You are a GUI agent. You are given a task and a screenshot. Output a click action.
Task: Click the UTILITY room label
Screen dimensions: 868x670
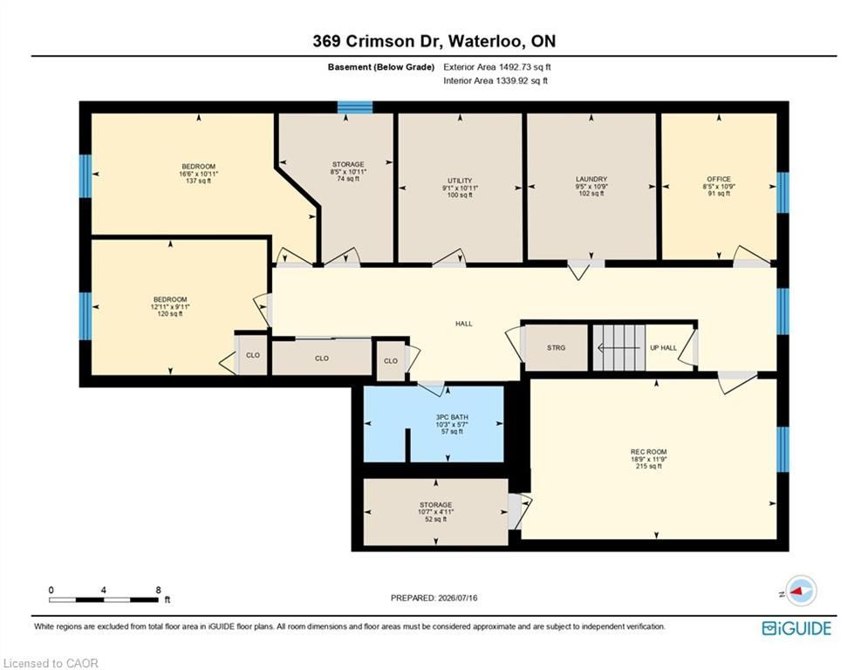click(460, 181)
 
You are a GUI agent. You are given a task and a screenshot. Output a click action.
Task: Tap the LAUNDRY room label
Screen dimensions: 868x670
click(591, 180)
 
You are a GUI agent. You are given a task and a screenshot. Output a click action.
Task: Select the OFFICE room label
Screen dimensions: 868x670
click(719, 180)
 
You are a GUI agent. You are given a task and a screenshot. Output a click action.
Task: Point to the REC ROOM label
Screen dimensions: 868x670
click(649, 452)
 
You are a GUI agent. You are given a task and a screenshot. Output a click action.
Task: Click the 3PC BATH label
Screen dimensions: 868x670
click(452, 418)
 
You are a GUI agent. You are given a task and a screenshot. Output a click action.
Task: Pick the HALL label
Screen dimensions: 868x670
click(464, 324)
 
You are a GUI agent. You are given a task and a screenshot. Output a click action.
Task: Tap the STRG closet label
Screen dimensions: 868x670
click(556, 348)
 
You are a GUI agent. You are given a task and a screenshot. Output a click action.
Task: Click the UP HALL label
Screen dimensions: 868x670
click(663, 348)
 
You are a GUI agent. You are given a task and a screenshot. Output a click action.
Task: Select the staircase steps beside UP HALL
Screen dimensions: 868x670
click(619, 348)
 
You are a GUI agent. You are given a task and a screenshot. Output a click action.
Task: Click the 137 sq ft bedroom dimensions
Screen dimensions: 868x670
click(199, 174)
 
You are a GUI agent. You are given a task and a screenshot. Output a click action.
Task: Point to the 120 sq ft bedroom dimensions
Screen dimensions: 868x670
click(170, 307)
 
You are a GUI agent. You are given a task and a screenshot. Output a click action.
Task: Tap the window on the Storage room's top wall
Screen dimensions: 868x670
click(355, 106)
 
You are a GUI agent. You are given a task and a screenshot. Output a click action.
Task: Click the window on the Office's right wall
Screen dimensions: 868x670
click(783, 193)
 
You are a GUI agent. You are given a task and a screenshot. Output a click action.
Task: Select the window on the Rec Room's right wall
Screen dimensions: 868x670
click(783, 449)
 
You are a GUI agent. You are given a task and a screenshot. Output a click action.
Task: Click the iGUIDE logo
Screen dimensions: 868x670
click(796, 628)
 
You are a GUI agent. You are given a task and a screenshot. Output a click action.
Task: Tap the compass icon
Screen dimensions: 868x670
click(801, 591)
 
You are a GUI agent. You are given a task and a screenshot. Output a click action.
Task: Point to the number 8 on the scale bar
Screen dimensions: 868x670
click(158, 591)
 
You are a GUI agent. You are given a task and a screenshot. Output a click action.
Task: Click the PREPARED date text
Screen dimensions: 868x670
click(434, 598)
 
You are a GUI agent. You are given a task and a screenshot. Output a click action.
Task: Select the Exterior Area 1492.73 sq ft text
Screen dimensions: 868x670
click(497, 67)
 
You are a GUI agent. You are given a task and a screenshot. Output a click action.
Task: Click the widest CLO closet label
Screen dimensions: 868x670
click(322, 359)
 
